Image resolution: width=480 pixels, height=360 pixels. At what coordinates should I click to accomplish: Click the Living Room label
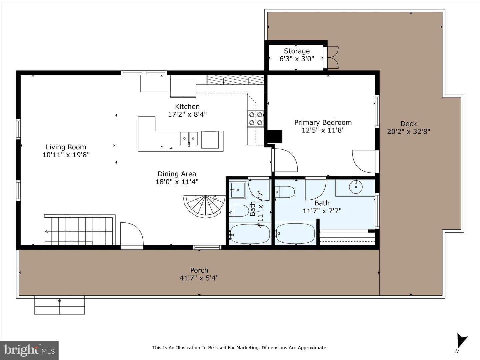click(66, 147)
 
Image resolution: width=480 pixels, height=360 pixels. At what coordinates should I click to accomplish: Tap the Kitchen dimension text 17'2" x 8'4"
click(187, 114)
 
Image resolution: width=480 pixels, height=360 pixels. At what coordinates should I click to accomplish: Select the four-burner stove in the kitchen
click(256, 119)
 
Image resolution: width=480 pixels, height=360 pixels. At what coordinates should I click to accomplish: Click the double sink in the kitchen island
click(189, 139)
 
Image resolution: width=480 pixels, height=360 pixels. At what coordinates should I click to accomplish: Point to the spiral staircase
click(204, 206)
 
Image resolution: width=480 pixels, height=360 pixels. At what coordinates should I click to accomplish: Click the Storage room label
click(297, 51)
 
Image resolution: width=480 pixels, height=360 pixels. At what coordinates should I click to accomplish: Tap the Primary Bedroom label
click(323, 122)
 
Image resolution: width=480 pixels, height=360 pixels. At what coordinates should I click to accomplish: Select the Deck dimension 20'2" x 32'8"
click(408, 132)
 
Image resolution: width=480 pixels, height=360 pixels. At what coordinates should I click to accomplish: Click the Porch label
click(199, 270)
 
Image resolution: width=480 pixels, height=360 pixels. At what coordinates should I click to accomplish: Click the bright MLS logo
click(29, 350)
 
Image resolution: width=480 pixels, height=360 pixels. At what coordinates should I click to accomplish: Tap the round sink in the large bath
click(356, 187)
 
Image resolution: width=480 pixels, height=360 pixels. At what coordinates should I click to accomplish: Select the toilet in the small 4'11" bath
click(239, 211)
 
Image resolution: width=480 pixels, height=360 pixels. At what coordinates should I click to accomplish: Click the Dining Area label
click(177, 174)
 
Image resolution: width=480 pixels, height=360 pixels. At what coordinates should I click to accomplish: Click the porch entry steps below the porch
click(59, 305)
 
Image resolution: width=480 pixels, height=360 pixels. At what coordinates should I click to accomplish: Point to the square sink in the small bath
click(238, 190)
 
